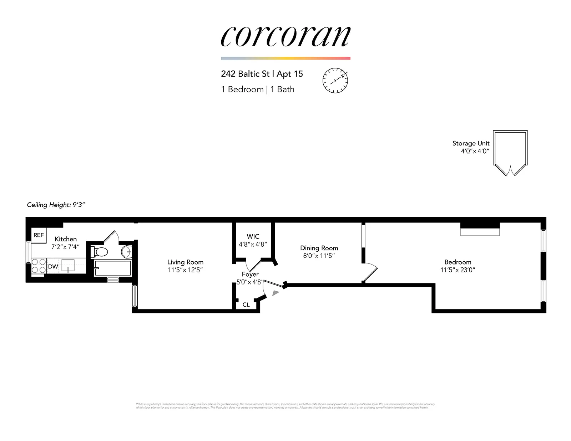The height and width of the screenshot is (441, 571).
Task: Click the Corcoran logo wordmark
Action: [x=285, y=36]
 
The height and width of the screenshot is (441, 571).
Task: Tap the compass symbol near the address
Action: [x=335, y=80]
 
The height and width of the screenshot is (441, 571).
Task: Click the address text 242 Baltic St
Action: [x=245, y=74]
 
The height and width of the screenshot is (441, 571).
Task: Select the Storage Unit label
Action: [x=471, y=143]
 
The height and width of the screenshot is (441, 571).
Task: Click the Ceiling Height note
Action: [x=56, y=205]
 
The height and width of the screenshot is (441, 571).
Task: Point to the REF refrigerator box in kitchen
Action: [x=39, y=235]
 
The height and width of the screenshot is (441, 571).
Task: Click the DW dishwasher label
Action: [x=53, y=266]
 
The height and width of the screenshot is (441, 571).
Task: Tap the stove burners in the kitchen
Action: [x=39, y=266]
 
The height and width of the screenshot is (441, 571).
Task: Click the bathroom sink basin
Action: [x=126, y=252]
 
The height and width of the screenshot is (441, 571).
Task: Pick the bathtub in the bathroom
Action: [x=112, y=268]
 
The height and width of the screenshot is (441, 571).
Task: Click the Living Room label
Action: [x=185, y=262]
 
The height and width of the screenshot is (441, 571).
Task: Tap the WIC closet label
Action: [x=253, y=236]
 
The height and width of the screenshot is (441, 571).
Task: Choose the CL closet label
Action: [x=246, y=304]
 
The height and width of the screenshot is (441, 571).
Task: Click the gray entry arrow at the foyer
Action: [x=276, y=293]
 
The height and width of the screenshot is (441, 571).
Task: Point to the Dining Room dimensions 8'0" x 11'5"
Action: [x=319, y=256]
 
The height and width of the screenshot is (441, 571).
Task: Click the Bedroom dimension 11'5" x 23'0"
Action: [x=458, y=270]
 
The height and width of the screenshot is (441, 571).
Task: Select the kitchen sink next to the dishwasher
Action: [x=68, y=266]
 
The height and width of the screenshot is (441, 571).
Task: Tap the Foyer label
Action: [x=250, y=274]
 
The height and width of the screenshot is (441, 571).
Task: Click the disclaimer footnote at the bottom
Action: [x=285, y=406]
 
